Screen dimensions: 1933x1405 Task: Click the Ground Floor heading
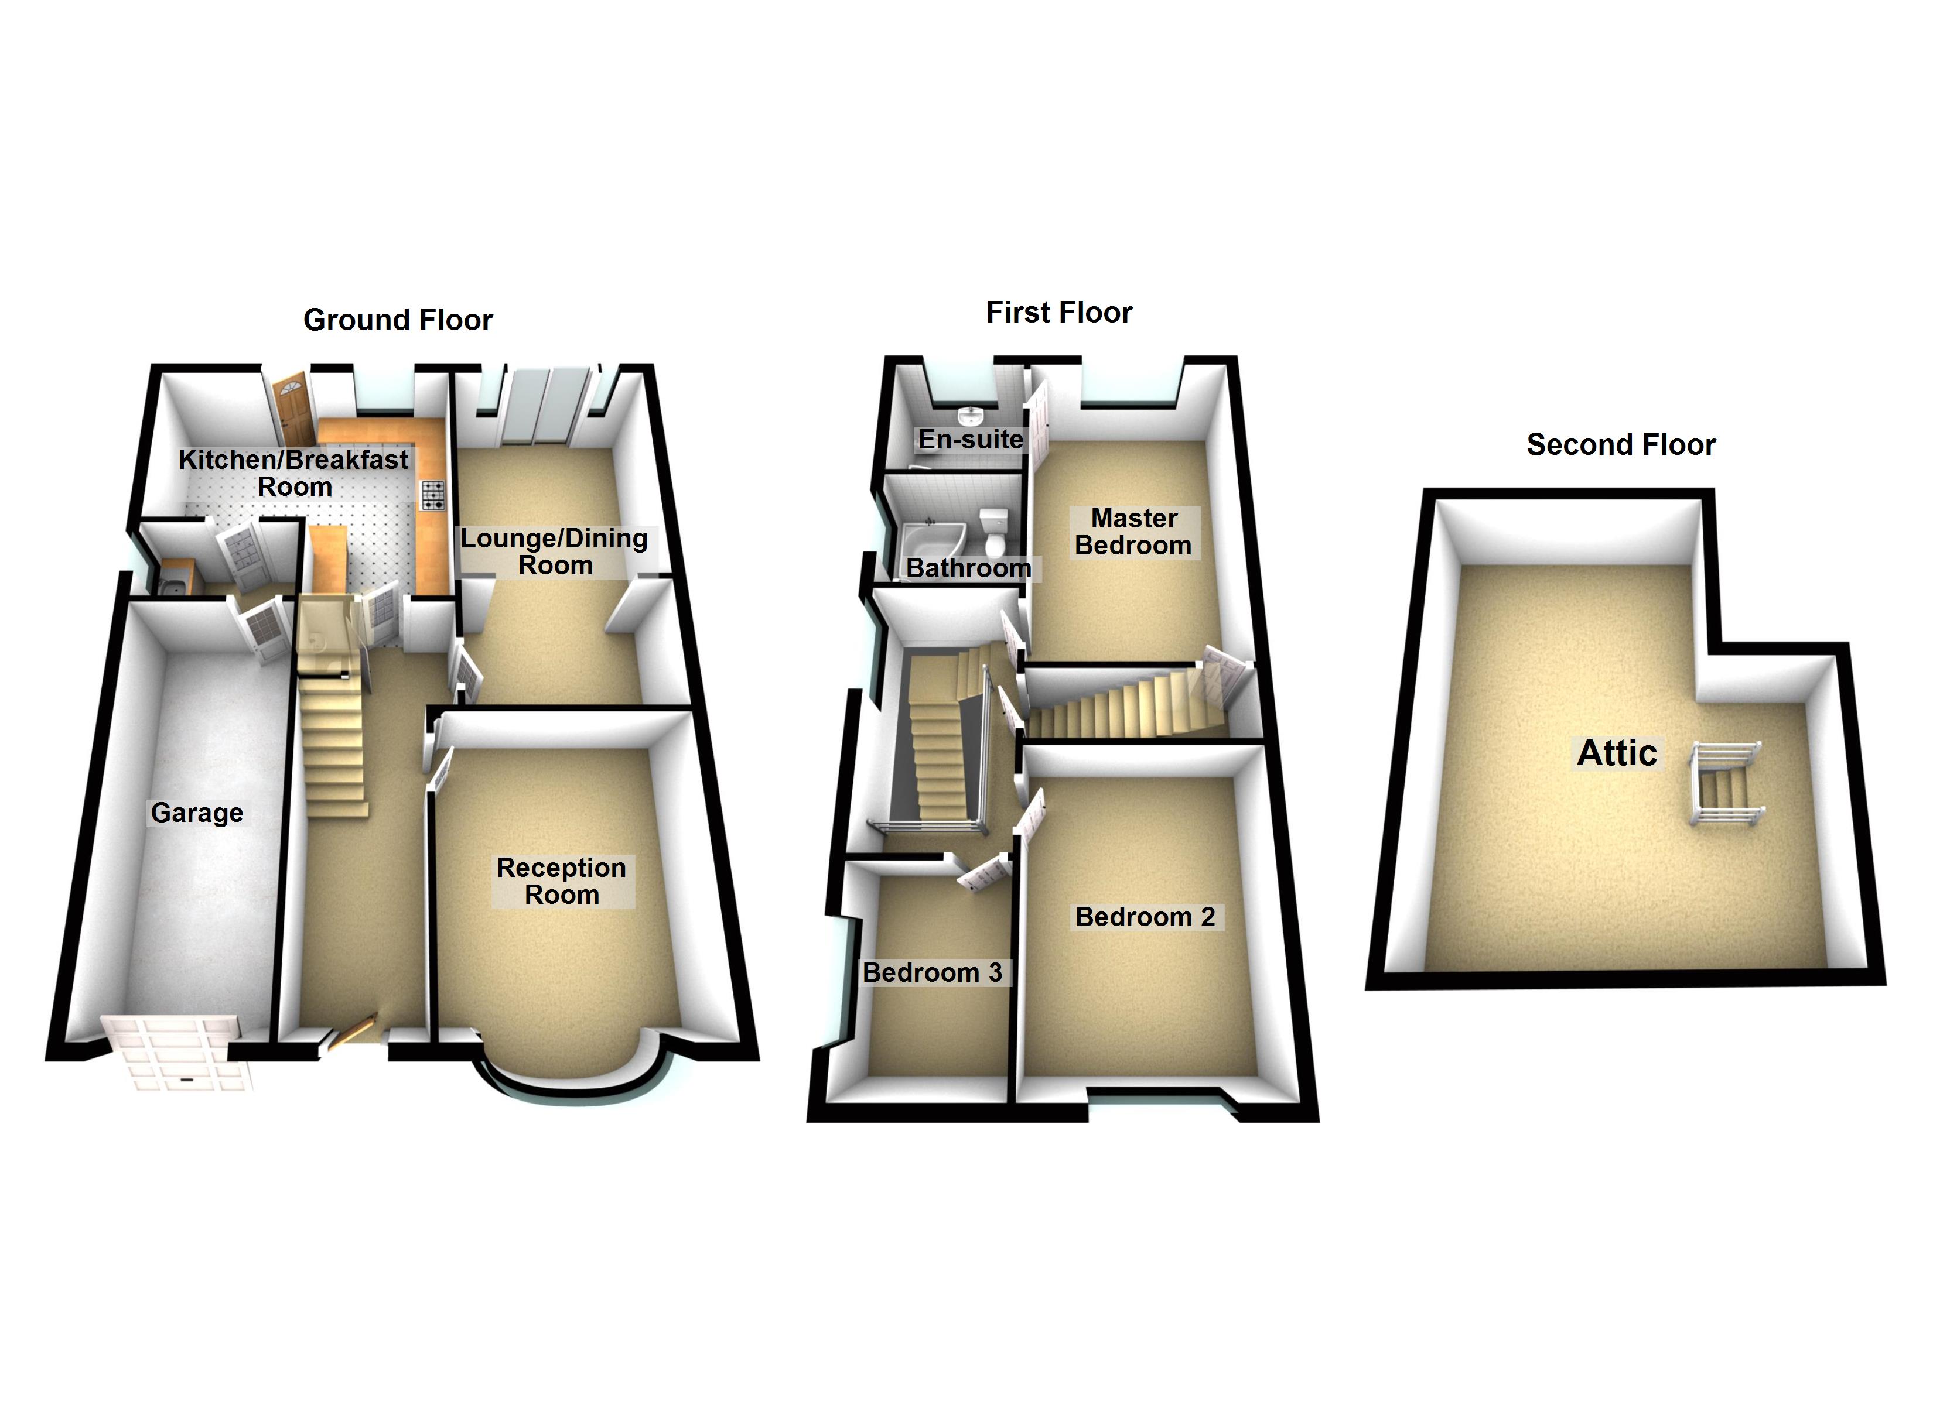pos(398,320)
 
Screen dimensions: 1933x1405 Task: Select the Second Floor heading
pos(1620,445)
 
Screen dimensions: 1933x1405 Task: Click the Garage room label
pos(197,813)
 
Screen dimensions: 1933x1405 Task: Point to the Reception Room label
pos(562,881)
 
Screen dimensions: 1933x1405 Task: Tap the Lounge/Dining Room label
pos(554,551)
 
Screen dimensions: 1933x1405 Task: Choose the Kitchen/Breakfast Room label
pos(293,473)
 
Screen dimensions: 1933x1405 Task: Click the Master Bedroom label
pos(1133,532)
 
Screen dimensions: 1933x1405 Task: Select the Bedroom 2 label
pos(1145,917)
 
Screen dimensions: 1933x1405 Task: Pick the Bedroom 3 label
pos(933,972)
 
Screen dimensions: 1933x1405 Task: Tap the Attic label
pos(1617,753)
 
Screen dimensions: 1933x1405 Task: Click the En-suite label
pos(970,440)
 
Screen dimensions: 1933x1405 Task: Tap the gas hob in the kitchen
pos(433,495)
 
